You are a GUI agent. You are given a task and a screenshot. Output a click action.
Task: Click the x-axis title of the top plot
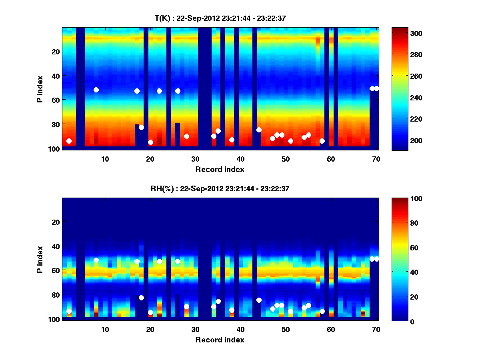coord(220,169)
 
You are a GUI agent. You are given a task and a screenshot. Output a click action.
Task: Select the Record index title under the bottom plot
coord(220,340)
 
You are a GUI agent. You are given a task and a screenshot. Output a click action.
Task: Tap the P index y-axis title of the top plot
coord(40,89)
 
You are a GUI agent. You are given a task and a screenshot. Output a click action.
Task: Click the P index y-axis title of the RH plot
coord(40,259)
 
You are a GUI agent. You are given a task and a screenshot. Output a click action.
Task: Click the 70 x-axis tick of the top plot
coord(376,159)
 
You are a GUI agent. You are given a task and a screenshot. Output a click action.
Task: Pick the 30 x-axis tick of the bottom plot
coord(195,329)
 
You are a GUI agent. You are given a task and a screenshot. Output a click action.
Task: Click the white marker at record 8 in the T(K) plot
coord(96,90)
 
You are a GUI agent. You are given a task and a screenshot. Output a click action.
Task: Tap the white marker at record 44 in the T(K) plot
coord(259,130)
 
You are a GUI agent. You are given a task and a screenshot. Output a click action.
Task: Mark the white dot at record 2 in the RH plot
coord(69,311)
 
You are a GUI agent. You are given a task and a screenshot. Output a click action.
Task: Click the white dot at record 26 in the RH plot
coord(178,261)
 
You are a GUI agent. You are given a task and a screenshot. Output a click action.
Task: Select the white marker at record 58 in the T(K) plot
coord(322,141)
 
